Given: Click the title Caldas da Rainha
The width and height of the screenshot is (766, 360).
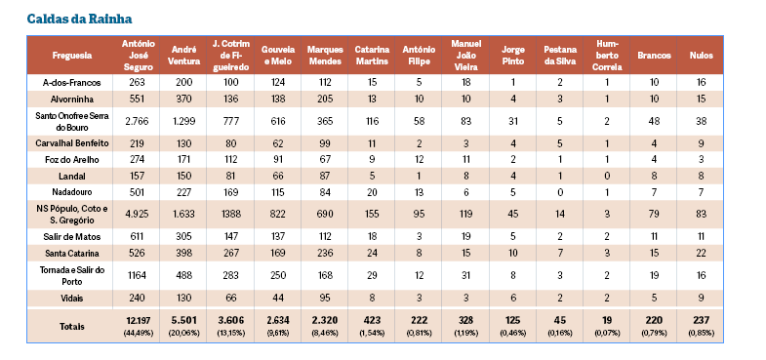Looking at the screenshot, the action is point(79,20).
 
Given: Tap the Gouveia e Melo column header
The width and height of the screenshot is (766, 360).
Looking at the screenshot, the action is point(278,56).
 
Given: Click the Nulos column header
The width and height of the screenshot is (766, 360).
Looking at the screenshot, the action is point(701,56).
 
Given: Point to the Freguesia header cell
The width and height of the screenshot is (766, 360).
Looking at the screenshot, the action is point(72,56).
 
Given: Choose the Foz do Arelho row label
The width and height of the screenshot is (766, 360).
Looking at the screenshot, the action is point(72,160).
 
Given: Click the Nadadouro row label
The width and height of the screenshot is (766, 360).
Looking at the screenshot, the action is point(72,192).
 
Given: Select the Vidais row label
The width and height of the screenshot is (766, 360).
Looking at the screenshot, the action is point(72,298).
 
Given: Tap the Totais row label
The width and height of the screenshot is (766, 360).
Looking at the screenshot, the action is point(72,326).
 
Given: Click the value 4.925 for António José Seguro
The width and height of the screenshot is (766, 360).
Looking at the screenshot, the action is point(138,214).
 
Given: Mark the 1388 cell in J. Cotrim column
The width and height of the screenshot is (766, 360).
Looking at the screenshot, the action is point(230,214).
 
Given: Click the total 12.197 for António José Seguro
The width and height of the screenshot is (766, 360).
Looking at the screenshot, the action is point(138,320).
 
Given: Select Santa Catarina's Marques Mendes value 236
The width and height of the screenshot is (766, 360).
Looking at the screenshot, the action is point(325,253).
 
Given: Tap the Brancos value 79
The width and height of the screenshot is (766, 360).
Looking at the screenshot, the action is point(654,214).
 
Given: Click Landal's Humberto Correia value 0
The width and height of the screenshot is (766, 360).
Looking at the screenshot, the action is point(606,176).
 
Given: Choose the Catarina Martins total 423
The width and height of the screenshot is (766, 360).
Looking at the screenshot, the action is point(372,320).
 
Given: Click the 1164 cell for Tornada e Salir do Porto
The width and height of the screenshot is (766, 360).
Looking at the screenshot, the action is point(138,275).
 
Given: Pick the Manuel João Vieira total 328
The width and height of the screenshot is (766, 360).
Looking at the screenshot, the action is point(466,320).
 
